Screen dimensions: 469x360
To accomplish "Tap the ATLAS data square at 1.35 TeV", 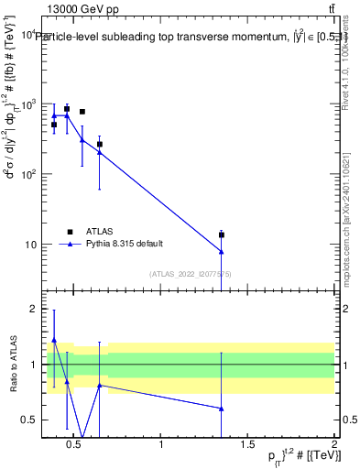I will tap(221, 235).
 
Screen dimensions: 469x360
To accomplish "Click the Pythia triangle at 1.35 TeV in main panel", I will tap(221, 252).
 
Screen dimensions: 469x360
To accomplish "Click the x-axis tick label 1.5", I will tap(247, 445).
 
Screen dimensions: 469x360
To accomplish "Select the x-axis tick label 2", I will tap(333, 445).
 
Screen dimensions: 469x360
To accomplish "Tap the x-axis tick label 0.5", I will tap(75, 445).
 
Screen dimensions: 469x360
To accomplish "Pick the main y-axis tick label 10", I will tap(27, 245).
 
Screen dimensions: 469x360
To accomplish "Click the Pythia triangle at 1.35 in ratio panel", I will tap(221, 409).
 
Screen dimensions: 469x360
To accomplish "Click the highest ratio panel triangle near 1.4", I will tap(54, 340).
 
